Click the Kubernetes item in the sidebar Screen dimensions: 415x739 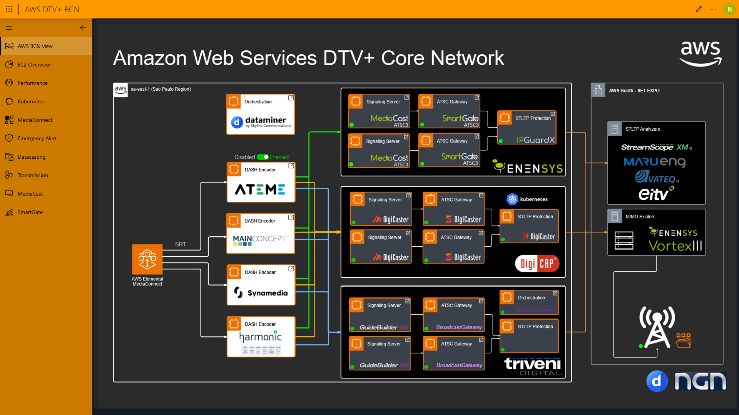[x=31, y=101]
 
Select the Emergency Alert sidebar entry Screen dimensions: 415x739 [x=37, y=138]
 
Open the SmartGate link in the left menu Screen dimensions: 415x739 [x=30, y=212]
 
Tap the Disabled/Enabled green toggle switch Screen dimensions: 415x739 [x=263, y=157]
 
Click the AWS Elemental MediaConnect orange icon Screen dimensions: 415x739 [x=147, y=259]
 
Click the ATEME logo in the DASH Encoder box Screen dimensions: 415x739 [x=260, y=189]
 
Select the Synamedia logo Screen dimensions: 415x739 [x=261, y=293]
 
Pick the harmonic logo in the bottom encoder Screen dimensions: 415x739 [x=261, y=337]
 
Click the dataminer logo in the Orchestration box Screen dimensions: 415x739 [x=261, y=122]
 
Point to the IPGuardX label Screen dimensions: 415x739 [x=536, y=140]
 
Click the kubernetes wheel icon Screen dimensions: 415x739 [x=512, y=199]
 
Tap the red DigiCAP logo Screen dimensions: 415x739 [x=537, y=264]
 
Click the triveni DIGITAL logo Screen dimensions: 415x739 [x=533, y=366]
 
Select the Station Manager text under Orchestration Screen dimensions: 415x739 [x=535, y=310]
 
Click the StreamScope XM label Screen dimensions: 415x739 [x=654, y=147]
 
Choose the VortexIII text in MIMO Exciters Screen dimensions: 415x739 [x=675, y=246]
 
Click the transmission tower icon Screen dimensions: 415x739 [x=657, y=327]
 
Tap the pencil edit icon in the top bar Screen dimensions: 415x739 [x=699, y=9]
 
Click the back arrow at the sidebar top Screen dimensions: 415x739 [x=83, y=28]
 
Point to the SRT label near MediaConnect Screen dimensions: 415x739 [x=181, y=244]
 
